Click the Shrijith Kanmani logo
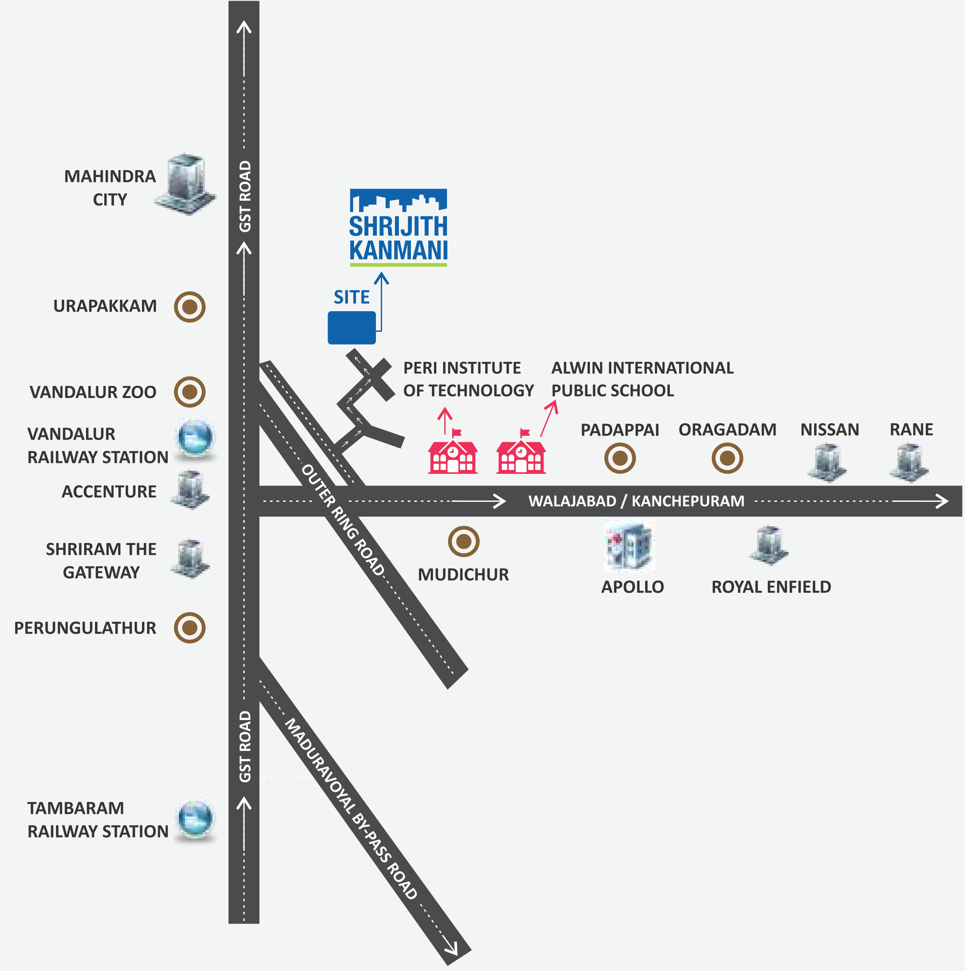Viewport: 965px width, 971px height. [x=398, y=227]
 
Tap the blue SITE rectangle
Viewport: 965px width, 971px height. [x=352, y=328]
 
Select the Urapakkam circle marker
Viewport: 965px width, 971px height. [x=189, y=307]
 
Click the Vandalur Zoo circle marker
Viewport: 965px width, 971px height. [x=189, y=391]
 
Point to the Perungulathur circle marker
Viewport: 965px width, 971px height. [x=189, y=628]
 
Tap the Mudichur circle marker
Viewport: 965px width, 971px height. [x=463, y=541]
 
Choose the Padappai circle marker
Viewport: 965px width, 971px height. [x=620, y=458]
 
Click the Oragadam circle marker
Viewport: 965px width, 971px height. [x=727, y=458]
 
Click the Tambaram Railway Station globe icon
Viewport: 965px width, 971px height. [x=195, y=820]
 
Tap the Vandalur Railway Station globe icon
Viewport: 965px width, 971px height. [x=195, y=439]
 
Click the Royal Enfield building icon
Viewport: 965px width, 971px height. [x=769, y=545]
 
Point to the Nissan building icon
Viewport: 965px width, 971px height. [x=827, y=463]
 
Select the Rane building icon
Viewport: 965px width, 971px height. [x=909, y=463]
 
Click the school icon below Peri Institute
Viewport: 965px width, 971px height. [x=453, y=451]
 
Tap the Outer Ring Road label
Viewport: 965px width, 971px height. [x=343, y=520]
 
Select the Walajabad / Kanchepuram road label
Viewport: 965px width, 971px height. [x=636, y=501]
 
